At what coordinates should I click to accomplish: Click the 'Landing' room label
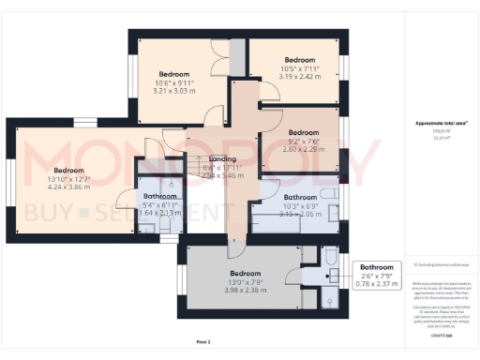[x=222, y=159]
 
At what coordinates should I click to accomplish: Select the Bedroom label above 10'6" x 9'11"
[x=173, y=74]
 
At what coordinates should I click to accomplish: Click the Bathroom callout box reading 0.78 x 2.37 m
[x=377, y=273]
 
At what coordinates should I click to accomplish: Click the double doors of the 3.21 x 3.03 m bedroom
[x=217, y=53]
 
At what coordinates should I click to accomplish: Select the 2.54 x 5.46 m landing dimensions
[x=222, y=175]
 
